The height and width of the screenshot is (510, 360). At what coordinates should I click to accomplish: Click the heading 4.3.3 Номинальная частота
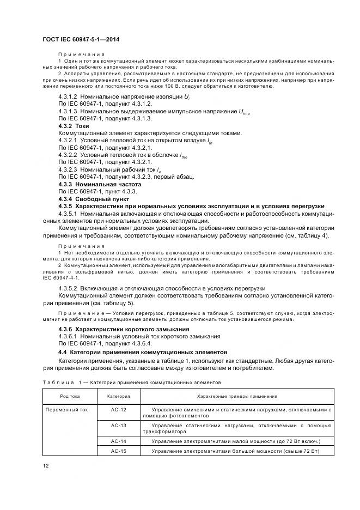pyautogui.click(x=97, y=185)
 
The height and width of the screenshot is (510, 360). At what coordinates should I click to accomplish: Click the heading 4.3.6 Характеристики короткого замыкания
pyautogui.click(x=124, y=329)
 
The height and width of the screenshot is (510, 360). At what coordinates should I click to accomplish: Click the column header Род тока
pyautogui.click(x=70, y=396)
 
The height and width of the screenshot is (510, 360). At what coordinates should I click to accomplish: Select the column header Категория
pyautogui.click(x=118, y=396)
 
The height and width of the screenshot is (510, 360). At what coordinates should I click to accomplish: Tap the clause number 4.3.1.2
pyautogui.click(x=68, y=96)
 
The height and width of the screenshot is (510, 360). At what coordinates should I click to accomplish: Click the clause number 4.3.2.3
pyautogui.click(x=68, y=170)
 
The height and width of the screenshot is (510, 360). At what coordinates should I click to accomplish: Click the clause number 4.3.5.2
pyautogui.click(x=68, y=287)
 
